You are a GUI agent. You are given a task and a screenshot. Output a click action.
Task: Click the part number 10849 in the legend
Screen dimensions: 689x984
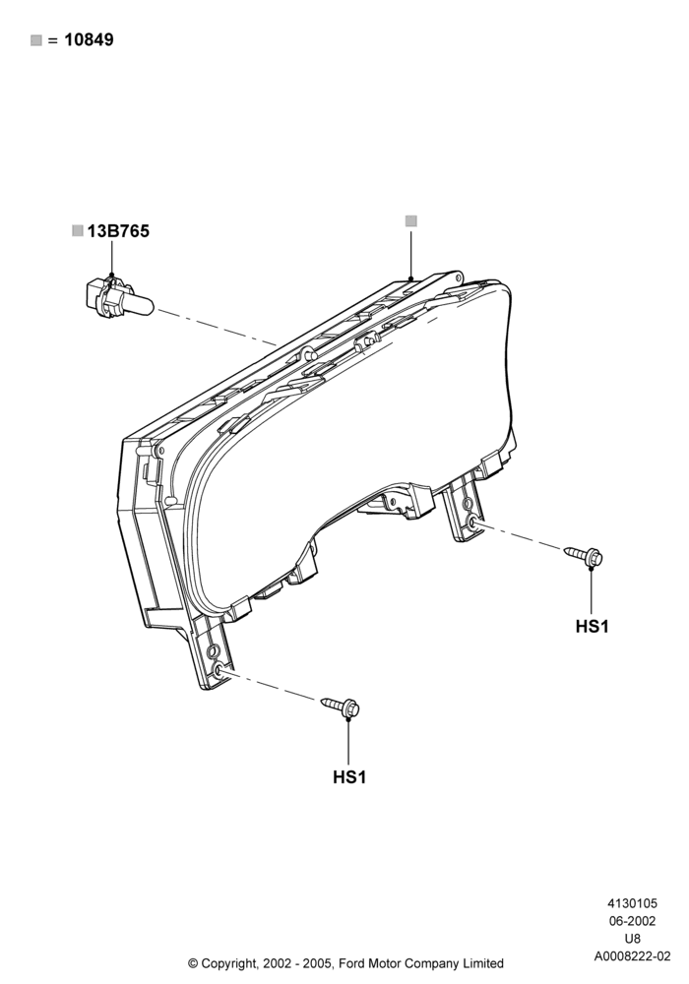point(90,40)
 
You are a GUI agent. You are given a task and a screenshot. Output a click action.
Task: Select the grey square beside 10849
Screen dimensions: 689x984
point(36,40)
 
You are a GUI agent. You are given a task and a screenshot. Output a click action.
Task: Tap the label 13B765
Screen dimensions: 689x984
point(118,231)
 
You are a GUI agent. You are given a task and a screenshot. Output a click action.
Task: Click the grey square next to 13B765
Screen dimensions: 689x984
point(78,231)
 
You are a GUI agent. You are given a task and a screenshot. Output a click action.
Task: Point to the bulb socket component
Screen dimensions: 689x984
point(117,299)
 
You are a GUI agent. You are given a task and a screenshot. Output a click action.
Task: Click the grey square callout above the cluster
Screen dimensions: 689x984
point(411,220)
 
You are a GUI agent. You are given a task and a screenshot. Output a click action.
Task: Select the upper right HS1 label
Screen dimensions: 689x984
point(593,626)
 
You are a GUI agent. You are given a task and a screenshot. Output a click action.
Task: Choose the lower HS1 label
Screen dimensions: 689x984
point(349,777)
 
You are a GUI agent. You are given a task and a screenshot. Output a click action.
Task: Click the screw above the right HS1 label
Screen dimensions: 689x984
point(584,555)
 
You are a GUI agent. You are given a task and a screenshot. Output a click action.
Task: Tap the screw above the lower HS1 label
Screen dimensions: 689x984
point(341,706)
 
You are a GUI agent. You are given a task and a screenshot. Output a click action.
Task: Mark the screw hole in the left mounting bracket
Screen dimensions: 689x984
point(218,670)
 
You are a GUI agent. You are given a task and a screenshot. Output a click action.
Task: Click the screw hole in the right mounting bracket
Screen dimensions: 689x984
point(471,522)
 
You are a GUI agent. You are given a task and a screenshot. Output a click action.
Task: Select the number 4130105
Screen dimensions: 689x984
point(633,903)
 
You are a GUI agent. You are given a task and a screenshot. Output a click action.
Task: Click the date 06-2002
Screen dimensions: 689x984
point(633,921)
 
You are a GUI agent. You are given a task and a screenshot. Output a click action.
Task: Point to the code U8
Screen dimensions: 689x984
point(633,939)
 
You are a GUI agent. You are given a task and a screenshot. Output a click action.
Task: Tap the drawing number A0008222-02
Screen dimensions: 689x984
point(633,956)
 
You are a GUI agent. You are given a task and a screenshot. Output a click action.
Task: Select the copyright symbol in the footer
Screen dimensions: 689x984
point(193,963)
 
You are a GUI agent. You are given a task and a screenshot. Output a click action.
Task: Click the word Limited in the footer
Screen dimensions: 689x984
point(481,963)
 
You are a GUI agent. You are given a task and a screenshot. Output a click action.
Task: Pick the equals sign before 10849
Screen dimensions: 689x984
point(53,40)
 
